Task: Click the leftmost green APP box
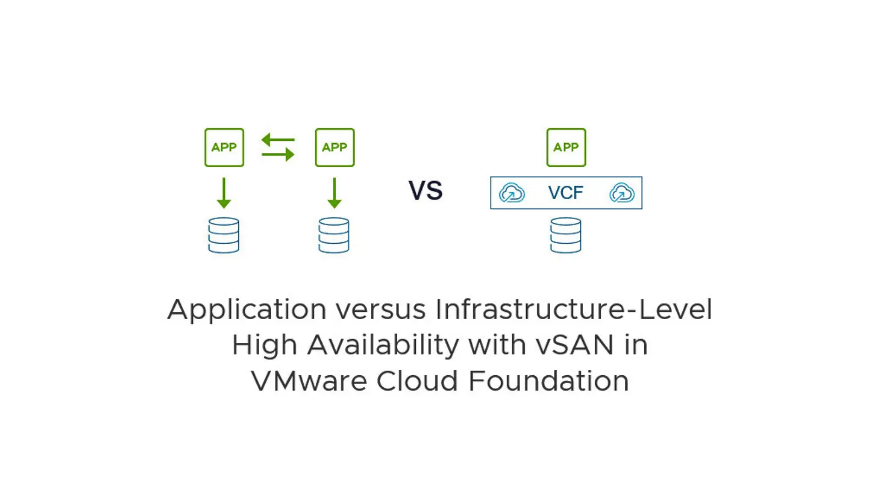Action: click(x=224, y=147)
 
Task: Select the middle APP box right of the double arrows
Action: click(x=335, y=147)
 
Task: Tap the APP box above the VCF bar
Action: click(x=566, y=147)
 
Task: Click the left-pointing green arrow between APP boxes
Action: click(x=278, y=140)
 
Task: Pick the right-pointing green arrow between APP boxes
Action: click(x=278, y=154)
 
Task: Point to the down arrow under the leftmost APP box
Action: click(x=224, y=193)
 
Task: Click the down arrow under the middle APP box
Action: click(x=335, y=193)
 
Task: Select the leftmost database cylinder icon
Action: click(x=223, y=235)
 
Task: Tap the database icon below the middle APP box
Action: click(x=334, y=235)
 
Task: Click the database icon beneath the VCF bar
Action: click(x=566, y=235)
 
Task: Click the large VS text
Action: click(x=426, y=191)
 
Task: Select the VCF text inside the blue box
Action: click(x=566, y=193)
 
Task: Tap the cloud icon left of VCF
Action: click(x=512, y=193)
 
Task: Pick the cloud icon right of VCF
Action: click(x=622, y=193)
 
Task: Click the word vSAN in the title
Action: click(x=575, y=346)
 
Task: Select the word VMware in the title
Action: click(x=309, y=381)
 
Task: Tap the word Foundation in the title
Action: click(x=549, y=381)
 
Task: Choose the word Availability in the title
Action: click(x=383, y=346)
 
